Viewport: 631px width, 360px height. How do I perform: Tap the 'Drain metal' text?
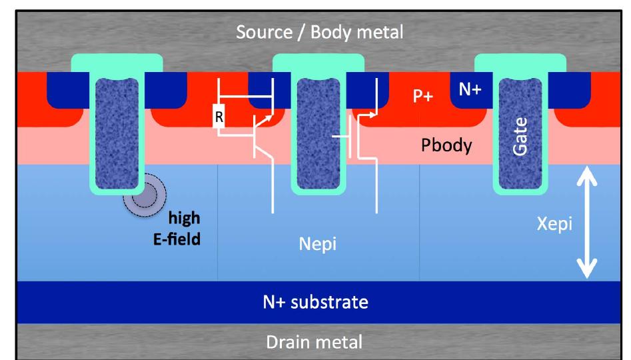tap(315, 342)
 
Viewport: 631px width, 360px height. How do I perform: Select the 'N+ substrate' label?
tap(315, 302)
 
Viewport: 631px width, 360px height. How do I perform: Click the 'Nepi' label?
tap(317, 245)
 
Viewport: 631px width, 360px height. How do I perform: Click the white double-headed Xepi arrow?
tap(586, 223)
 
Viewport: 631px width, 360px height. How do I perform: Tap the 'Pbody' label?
tap(446, 145)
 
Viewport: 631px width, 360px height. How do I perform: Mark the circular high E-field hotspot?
tap(142, 194)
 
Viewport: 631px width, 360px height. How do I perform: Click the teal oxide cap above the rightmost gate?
tap(520, 63)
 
